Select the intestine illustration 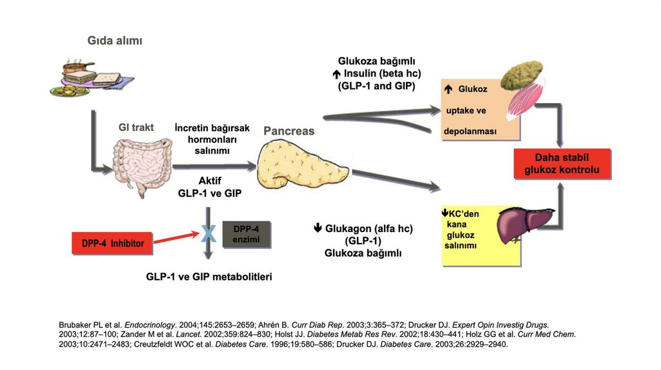pyautogui.click(x=142, y=164)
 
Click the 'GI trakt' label pyautogui.click(x=136, y=128)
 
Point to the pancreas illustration pyautogui.click(x=301, y=166)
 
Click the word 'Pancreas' pyautogui.click(x=289, y=131)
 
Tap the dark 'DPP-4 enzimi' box pyautogui.click(x=245, y=235)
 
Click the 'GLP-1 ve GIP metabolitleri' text pyautogui.click(x=209, y=277)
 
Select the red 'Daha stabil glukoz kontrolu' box pyautogui.click(x=562, y=164)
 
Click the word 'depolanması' pyautogui.click(x=470, y=131)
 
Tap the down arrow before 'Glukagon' pyautogui.click(x=318, y=228)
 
